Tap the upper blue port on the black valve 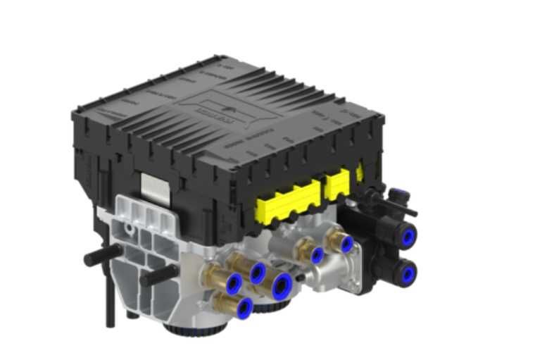[406, 235]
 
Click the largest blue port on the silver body [282, 285]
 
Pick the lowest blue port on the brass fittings [244, 306]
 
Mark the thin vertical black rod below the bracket [110, 303]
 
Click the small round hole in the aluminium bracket [131, 230]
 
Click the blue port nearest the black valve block [346, 244]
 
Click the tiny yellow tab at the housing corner [360, 172]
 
